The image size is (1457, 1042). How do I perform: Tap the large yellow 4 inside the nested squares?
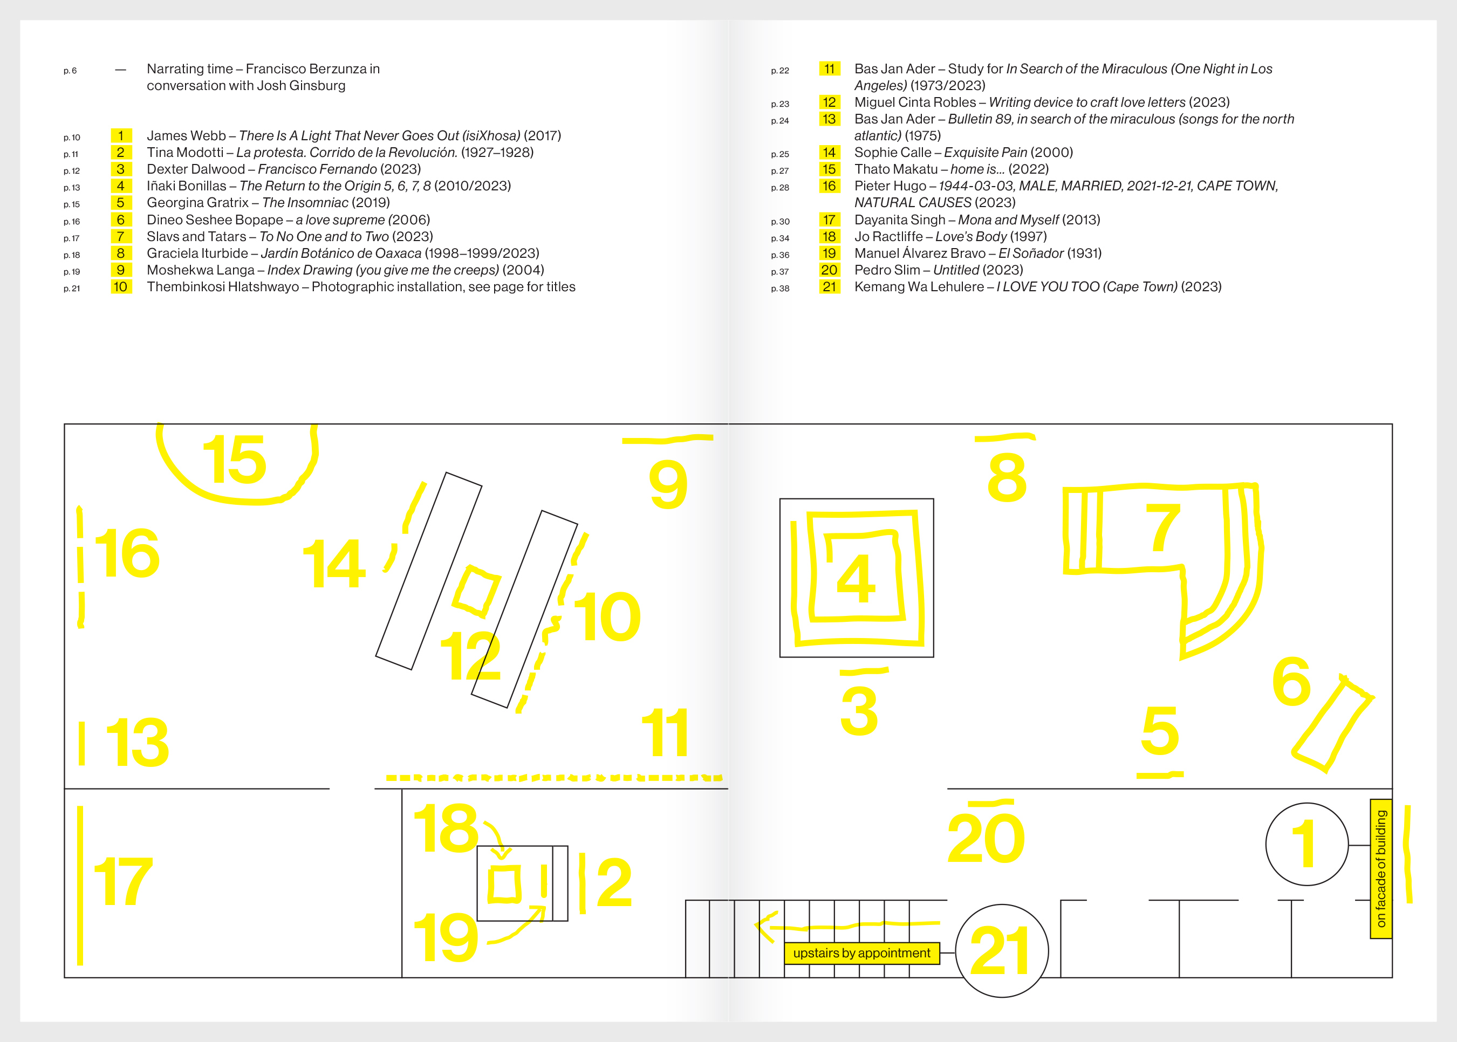(856, 578)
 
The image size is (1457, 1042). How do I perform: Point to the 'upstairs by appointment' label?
(861, 954)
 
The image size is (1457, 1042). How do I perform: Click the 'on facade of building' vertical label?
(1380, 869)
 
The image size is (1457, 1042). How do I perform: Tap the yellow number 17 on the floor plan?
(123, 881)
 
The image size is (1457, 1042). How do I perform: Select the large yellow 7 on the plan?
(1162, 527)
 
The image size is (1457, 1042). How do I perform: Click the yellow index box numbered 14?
(829, 153)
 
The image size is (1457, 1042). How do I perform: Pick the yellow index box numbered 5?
(121, 203)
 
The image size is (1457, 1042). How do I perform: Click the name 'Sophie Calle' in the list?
(892, 153)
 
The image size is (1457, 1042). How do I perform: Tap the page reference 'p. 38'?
(779, 289)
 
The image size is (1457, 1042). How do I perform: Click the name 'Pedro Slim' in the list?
(887, 270)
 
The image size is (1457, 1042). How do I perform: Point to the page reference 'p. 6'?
(70, 71)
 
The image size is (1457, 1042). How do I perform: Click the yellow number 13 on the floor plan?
(138, 742)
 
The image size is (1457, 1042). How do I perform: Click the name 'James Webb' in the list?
(186, 136)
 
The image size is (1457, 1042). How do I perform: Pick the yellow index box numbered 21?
(829, 287)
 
